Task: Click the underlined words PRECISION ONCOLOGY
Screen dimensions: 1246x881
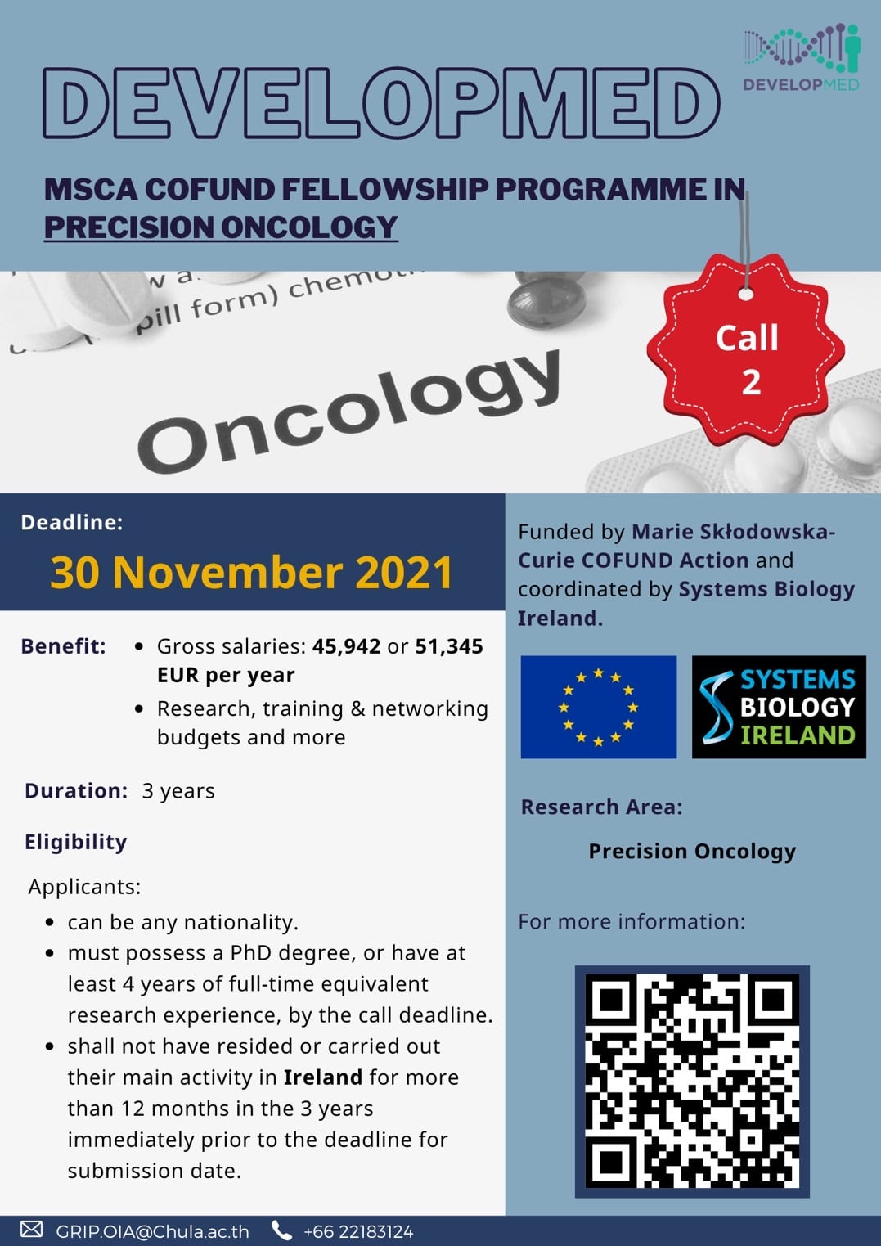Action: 221,227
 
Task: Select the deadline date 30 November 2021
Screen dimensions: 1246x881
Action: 251,572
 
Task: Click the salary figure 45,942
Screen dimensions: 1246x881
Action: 346,646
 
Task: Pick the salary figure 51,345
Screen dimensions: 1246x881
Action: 448,646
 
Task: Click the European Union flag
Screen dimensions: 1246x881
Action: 598,707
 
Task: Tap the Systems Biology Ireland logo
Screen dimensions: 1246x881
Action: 778,707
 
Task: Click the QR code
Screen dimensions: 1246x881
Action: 692,1081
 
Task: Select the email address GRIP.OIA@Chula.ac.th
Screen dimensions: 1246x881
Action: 152,1231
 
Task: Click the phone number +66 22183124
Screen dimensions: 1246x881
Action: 357,1231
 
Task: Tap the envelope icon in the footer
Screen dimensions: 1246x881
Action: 31,1230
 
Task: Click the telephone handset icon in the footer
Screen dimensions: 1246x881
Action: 281,1230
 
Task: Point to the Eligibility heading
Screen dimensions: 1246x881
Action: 75,842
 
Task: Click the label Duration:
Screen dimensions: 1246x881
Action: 76,791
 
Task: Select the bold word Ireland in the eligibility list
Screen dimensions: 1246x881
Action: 322,1077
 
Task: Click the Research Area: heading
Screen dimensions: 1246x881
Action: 601,807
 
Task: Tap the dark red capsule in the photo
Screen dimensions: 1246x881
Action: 546,304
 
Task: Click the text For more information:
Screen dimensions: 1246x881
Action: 632,922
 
